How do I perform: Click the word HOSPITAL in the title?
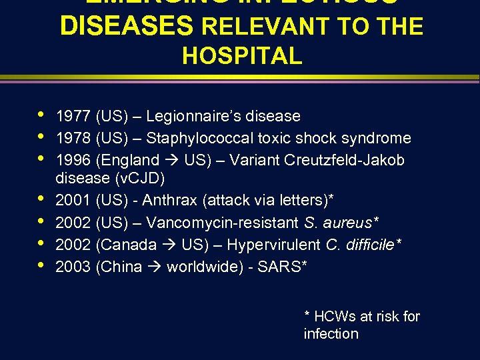click(242, 56)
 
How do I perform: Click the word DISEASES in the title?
click(127, 27)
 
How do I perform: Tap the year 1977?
click(74, 117)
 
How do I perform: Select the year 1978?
click(74, 139)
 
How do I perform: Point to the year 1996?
click(74, 161)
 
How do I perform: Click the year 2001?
click(74, 200)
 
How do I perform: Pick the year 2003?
click(74, 267)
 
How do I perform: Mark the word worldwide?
click(207, 267)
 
